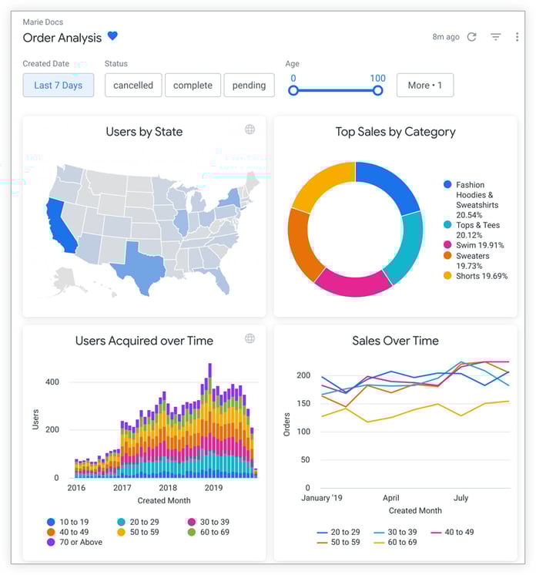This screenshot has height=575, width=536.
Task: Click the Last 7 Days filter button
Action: tap(59, 86)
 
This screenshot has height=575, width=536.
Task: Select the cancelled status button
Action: tap(133, 86)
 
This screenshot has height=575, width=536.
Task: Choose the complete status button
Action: tap(193, 86)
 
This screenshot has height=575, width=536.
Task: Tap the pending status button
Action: tap(249, 86)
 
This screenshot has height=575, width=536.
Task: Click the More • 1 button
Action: tap(425, 86)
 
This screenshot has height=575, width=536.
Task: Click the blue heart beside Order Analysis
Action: tap(112, 36)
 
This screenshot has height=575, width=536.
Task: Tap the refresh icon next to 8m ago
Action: tap(472, 37)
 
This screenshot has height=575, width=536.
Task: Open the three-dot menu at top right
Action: tap(517, 37)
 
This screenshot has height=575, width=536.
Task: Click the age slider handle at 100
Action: tap(377, 90)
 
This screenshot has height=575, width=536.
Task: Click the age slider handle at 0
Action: tap(293, 90)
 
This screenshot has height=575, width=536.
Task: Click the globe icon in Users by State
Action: tap(250, 129)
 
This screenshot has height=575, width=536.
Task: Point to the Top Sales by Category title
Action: tap(395, 132)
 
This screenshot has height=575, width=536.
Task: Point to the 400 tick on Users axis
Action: tap(52, 382)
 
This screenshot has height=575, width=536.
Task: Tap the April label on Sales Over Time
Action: tap(390, 498)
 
